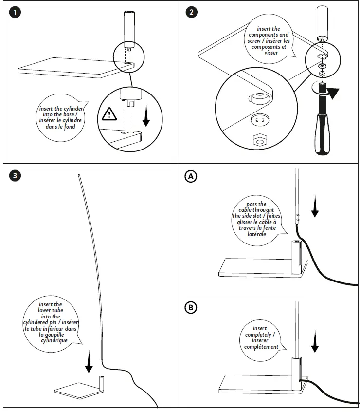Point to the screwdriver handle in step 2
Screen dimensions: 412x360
click(x=323, y=133)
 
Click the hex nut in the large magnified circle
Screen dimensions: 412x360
click(x=259, y=140)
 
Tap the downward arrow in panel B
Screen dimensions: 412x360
click(x=315, y=341)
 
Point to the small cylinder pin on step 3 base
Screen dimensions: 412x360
click(x=102, y=381)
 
